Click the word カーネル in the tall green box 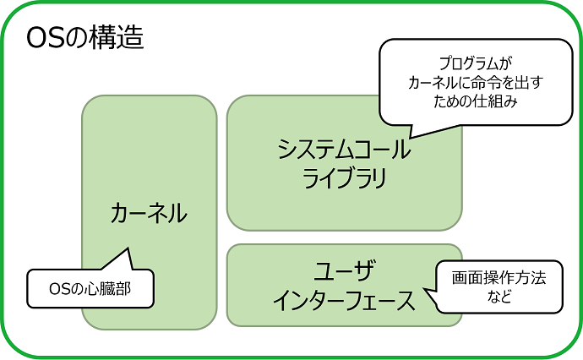click(149, 214)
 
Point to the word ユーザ click(344, 271)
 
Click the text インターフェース click(344, 300)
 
